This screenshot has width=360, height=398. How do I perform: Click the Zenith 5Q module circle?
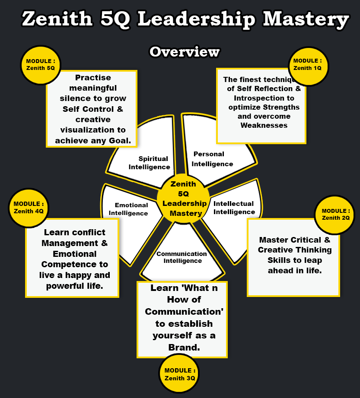pyautogui.click(x=40, y=65)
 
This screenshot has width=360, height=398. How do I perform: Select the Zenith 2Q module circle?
pyautogui.click(x=334, y=215)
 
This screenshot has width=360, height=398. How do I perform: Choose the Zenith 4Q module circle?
pyautogui.click(x=29, y=208)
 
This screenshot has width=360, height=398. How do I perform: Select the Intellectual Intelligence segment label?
pyautogui.click(x=234, y=208)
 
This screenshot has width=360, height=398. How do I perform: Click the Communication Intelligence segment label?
pyautogui.click(x=182, y=257)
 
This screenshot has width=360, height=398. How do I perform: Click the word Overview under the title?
pyautogui.click(x=185, y=52)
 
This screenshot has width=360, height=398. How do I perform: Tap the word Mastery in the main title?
pyautogui.click(x=306, y=19)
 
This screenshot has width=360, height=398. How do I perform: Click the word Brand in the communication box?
pyautogui.click(x=184, y=347)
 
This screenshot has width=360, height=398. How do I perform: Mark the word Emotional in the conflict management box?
pyautogui.click(x=75, y=254)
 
